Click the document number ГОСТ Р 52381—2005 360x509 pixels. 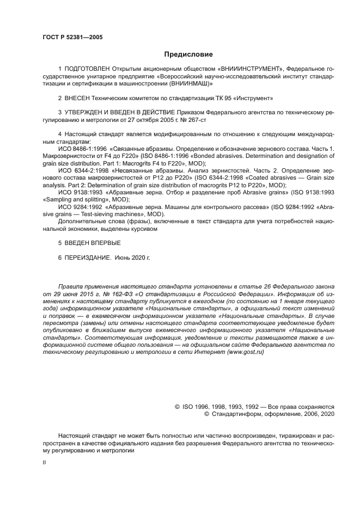click(x=72, y=37)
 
